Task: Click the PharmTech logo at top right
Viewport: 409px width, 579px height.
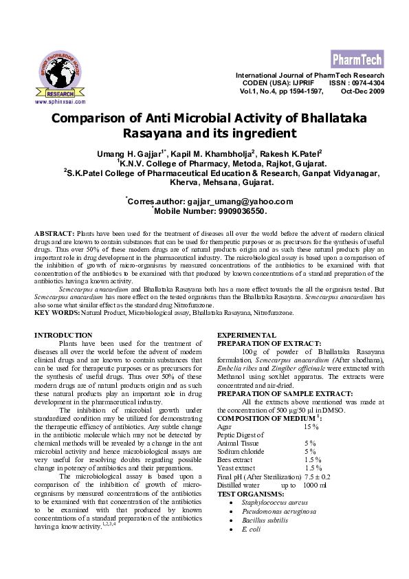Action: tap(357, 58)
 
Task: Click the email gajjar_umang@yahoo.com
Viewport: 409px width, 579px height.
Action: tap(239, 201)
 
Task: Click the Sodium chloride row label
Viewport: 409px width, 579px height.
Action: tap(241, 452)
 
